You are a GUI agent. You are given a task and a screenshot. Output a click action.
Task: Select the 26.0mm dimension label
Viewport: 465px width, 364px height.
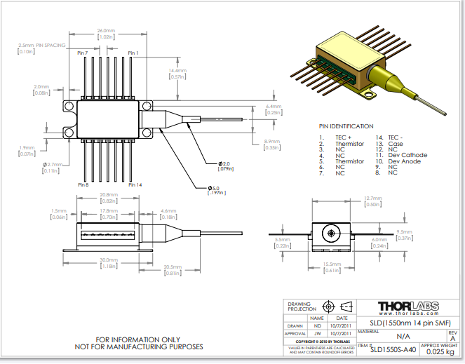click(x=106, y=31)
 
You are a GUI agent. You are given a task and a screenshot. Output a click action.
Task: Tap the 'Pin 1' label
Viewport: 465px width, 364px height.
click(x=133, y=53)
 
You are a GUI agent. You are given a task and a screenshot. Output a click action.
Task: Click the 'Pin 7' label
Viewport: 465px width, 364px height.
click(x=83, y=53)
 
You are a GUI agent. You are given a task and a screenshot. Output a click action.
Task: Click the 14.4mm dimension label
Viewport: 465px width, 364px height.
click(x=177, y=71)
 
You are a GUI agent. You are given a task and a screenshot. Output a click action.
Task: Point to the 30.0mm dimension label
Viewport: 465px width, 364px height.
click(x=109, y=259)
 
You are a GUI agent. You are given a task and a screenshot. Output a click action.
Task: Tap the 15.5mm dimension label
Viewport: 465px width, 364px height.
click(x=330, y=264)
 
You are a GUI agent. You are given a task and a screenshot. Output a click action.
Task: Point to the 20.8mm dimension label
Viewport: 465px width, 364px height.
click(x=108, y=194)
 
